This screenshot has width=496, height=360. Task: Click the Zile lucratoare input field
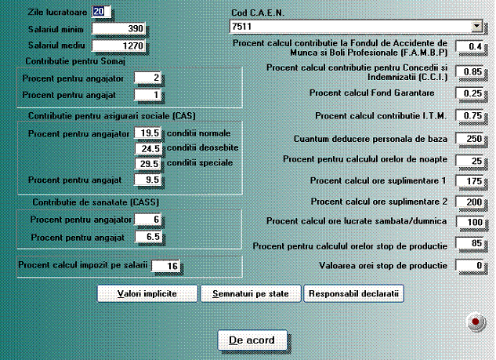[102, 11]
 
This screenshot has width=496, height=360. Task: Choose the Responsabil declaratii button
[354, 294]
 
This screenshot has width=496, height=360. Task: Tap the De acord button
[252, 340]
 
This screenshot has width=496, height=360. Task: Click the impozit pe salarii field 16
[165, 266]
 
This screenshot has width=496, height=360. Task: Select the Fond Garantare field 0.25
[469, 93]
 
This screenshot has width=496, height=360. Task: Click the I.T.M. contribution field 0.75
[469, 116]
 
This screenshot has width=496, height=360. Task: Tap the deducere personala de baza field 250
[469, 138]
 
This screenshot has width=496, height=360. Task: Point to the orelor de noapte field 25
[469, 160]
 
